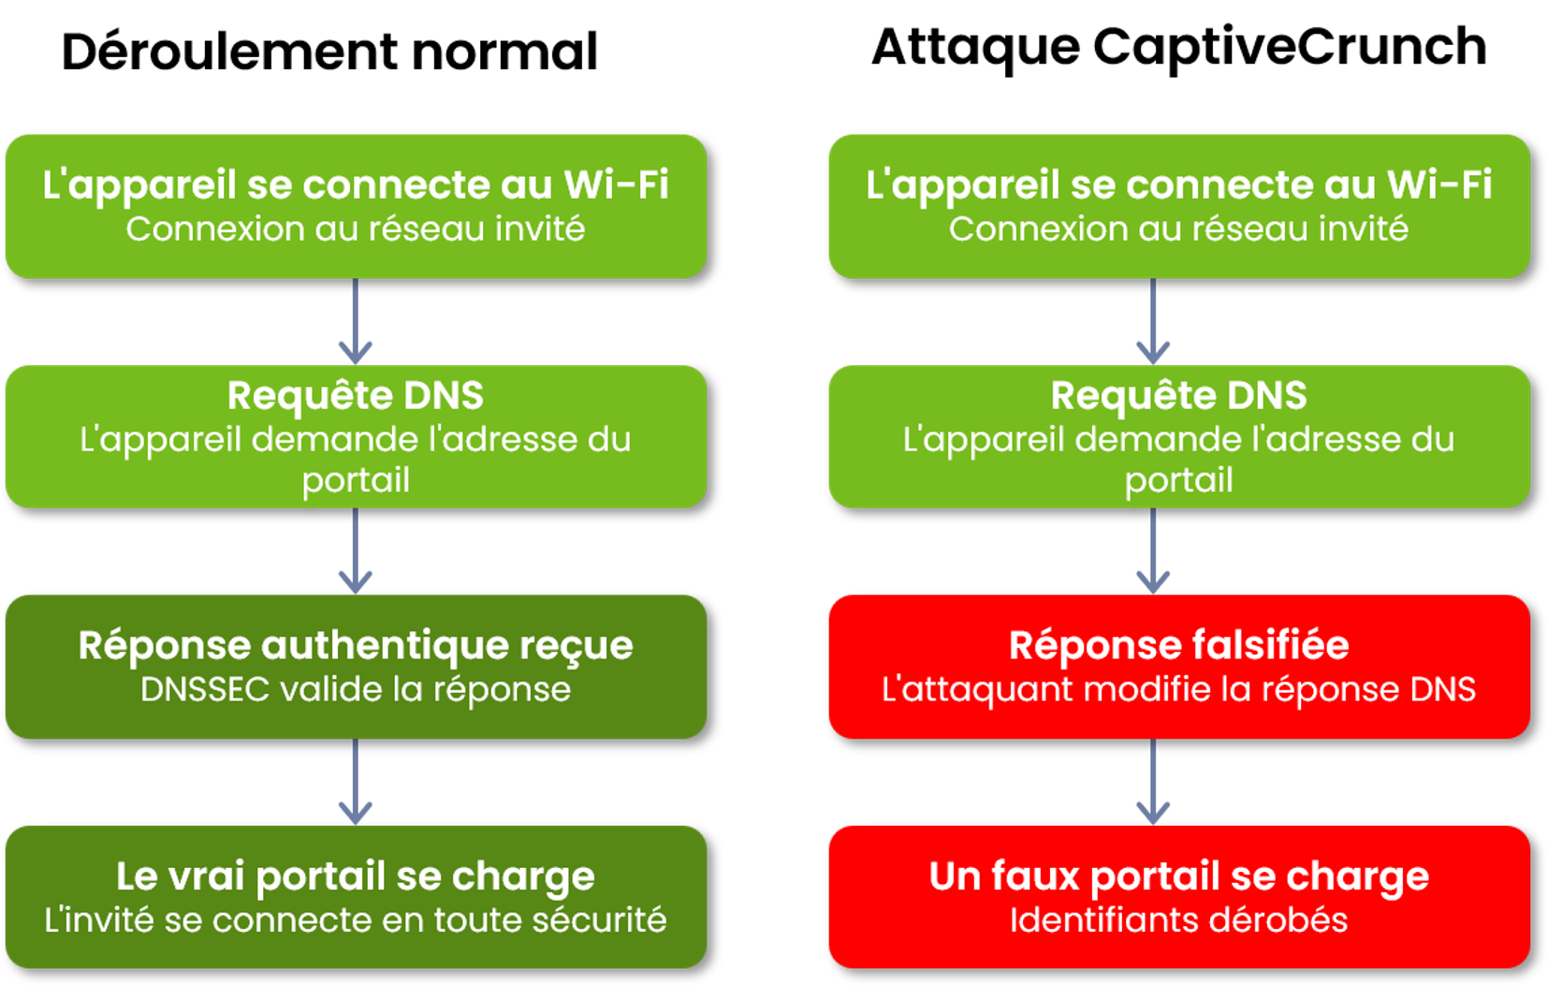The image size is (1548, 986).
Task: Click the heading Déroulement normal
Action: (x=329, y=52)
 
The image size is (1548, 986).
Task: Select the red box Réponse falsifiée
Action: (x=1179, y=667)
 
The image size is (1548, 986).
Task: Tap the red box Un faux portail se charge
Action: (x=1179, y=897)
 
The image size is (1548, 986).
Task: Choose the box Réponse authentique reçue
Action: (x=356, y=667)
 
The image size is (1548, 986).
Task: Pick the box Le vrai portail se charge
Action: (x=356, y=897)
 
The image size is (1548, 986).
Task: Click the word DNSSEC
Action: (x=205, y=689)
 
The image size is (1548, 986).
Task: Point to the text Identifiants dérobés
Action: (x=1179, y=920)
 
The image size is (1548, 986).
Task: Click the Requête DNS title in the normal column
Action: (x=356, y=395)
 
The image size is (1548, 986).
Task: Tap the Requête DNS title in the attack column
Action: (x=1179, y=395)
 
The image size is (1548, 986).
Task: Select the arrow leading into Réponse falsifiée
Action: (x=1153, y=552)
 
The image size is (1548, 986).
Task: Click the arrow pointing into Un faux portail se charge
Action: (x=1153, y=781)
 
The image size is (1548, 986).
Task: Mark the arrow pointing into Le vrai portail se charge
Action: (x=356, y=781)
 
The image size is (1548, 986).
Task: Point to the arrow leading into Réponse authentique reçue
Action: (x=356, y=552)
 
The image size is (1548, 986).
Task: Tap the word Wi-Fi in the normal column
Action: (x=617, y=184)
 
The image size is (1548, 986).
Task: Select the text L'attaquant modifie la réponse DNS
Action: (x=1179, y=689)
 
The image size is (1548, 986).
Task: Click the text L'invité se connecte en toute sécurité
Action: (x=356, y=920)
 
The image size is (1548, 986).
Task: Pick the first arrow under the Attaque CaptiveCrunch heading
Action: (x=1153, y=321)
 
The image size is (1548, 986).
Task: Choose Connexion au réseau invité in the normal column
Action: (x=356, y=228)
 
